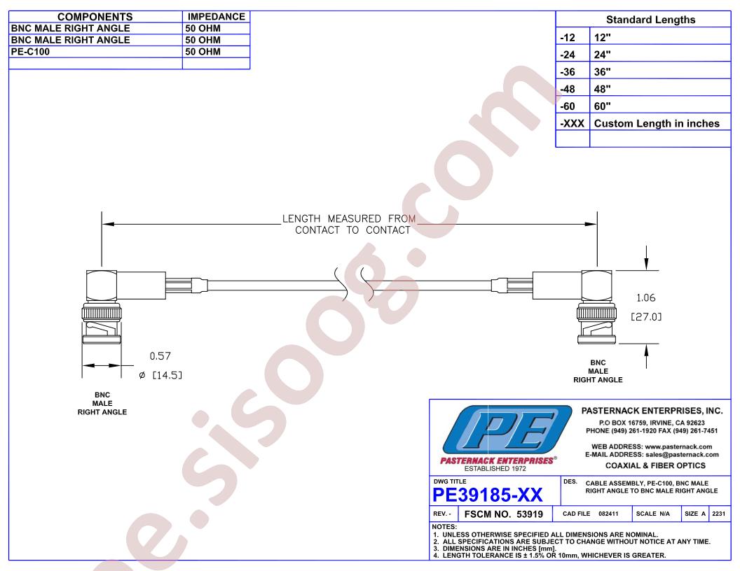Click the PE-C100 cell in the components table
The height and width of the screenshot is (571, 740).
[x=30, y=52]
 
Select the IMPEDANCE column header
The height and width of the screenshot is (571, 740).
[x=216, y=17]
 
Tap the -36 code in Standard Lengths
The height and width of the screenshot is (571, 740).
[x=568, y=71]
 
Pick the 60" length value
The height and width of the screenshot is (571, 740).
[x=602, y=106]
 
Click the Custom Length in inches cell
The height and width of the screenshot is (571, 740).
[x=657, y=123]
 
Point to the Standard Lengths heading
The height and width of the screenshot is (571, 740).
[x=650, y=20]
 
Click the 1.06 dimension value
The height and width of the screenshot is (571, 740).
[x=645, y=298]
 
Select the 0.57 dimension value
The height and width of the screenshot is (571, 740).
[x=160, y=356]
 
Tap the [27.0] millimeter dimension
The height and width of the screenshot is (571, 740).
[x=646, y=316]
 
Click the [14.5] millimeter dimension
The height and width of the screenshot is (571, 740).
[x=167, y=375]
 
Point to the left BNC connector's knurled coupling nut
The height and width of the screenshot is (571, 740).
[x=102, y=313]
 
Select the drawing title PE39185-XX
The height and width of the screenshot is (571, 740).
[x=488, y=495]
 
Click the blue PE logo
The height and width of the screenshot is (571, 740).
[x=507, y=430]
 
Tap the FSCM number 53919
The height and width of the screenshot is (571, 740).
[x=530, y=514]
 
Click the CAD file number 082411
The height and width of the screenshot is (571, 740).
[x=608, y=514]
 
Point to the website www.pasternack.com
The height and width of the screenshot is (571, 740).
[x=678, y=446]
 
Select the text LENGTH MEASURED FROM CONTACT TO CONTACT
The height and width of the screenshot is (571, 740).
[x=349, y=224]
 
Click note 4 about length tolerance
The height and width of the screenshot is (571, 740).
[x=549, y=556]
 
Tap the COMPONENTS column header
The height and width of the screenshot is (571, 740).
[x=95, y=17]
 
